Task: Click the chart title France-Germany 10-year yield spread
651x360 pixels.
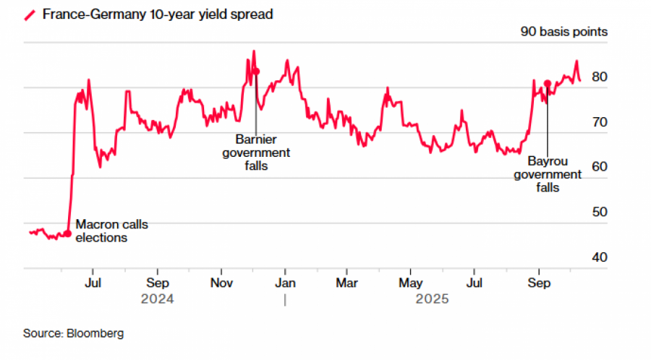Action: coord(158,14)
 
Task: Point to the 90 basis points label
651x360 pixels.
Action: coord(564,32)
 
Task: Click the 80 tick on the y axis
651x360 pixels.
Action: coord(600,77)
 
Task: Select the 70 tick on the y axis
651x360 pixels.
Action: coord(600,122)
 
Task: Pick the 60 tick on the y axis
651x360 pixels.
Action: coord(600,167)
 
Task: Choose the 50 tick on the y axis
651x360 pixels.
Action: coord(600,213)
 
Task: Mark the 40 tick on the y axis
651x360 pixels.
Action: coord(600,257)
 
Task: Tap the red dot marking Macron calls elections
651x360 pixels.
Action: coord(68,233)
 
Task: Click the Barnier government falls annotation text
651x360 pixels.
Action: coord(256,153)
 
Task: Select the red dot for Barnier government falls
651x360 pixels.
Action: coord(256,72)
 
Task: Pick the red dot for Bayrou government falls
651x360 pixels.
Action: coord(548,83)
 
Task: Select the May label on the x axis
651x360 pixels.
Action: coord(411,283)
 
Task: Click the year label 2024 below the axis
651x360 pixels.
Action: coord(158,299)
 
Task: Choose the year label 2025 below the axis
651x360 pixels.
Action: coord(433,299)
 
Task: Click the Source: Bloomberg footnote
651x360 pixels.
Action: coord(74,333)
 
